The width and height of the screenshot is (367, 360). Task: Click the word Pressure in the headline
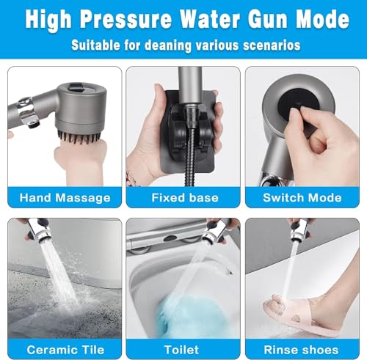pyautogui.click(x=126, y=19)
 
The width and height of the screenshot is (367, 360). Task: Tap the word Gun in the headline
pyautogui.click(x=269, y=19)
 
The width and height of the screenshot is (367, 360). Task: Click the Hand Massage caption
pyautogui.click(x=65, y=198)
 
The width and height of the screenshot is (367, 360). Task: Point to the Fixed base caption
pyautogui.click(x=185, y=197)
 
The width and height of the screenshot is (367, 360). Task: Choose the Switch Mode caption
pyautogui.click(x=302, y=197)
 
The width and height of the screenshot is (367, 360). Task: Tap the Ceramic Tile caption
pyautogui.click(x=65, y=350)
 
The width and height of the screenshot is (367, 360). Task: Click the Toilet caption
pyautogui.click(x=181, y=350)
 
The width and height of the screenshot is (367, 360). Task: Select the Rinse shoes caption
pyautogui.click(x=301, y=350)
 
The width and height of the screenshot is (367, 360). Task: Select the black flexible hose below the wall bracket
pyautogui.click(x=190, y=156)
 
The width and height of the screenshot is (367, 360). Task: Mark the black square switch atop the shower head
pyautogui.click(x=76, y=87)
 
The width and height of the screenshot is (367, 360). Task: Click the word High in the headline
pyautogui.click(x=48, y=20)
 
